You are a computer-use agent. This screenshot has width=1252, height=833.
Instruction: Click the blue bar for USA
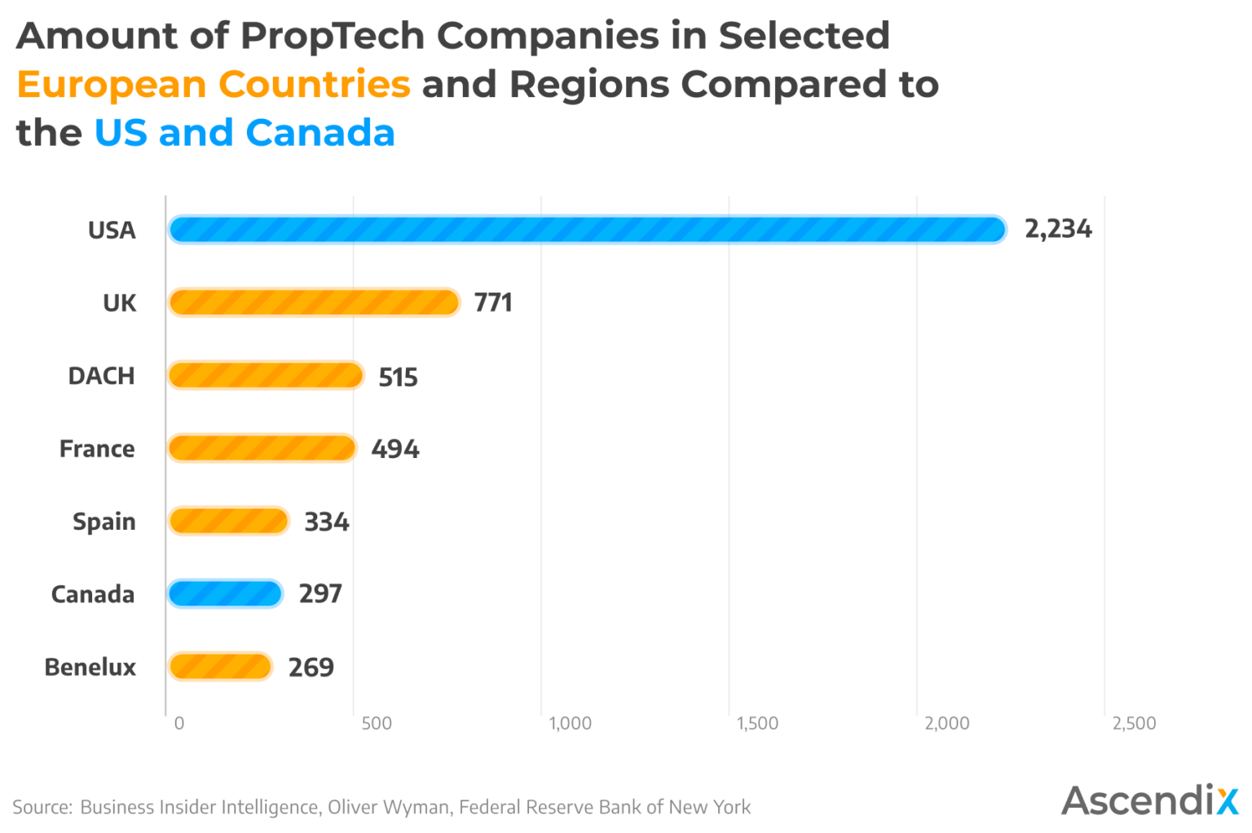[x=587, y=230]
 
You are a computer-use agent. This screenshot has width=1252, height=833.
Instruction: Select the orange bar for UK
[x=314, y=302]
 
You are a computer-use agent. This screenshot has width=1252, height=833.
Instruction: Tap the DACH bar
[x=266, y=376]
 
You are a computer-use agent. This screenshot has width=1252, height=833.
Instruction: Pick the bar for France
[x=262, y=448]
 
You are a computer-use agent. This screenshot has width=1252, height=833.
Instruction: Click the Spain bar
[x=228, y=521]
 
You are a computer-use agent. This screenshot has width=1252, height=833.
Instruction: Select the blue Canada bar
[x=225, y=593]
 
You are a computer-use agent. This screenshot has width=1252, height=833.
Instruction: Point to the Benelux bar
[x=220, y=667]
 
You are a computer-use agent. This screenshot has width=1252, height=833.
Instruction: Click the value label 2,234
[x=1057, y=229]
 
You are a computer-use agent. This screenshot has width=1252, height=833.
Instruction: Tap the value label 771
[x=493, y=302]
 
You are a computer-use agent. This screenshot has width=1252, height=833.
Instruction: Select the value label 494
[x=395, y=449]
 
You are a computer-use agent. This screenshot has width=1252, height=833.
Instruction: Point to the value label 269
[x=311, y=668]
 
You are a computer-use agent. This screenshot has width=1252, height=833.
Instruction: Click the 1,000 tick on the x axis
[x=570, y=723]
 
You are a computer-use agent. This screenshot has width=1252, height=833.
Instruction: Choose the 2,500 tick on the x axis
[x=1134, y=723]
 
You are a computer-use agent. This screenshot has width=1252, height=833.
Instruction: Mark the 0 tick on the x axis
[x=179, y=723]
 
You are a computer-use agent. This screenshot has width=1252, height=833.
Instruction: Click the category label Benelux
[x=90, y=667]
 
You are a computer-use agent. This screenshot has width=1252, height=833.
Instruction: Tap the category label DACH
[x=101, y=376]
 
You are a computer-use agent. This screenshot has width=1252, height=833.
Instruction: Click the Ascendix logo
[x=1149, y=800]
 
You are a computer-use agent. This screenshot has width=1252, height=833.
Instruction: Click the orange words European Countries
[x=214, y=84]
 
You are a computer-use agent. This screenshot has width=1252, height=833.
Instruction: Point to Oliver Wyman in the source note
[x=388, y=807]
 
